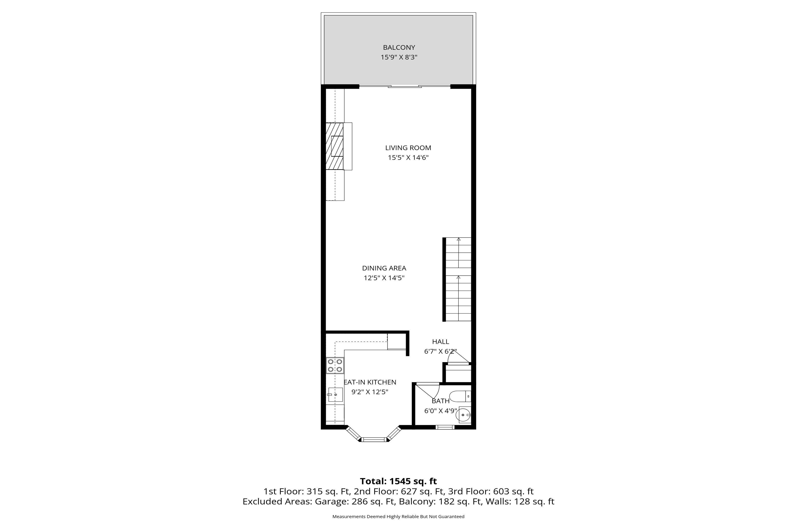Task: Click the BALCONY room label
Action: pyautogui.click(x=399, y=47)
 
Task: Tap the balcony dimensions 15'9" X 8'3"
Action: pyautogui.click(x=399, y=57)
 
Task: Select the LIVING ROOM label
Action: pyautogui.click(x=408, y=148)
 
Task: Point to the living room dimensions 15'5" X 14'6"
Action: pyautogui.click(x=408, y=158)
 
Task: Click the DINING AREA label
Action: pyautogui.click(x=384, y=268)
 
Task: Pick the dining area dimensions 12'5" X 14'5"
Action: pyautogui.click(x=384, y=278)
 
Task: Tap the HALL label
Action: pyautogui.click(x=441, y=342)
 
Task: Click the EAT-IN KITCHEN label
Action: pyautogui.click(x=370, y=382)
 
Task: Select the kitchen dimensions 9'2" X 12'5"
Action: pyautogui.click(x=370, y=392)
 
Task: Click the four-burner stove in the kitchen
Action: pyautogui.click(x=335, y=366)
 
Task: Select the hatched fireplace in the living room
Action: pyautogui.click(x=335, y=146)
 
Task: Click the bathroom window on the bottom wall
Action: pyautogui.click(x=445, y=427)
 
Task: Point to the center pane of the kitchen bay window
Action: pyautogui.click(x=374, y=440)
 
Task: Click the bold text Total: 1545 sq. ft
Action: pyautogui.click(x=398, y=481)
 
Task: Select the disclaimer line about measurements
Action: pyautogui.click(x=398, y=516)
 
